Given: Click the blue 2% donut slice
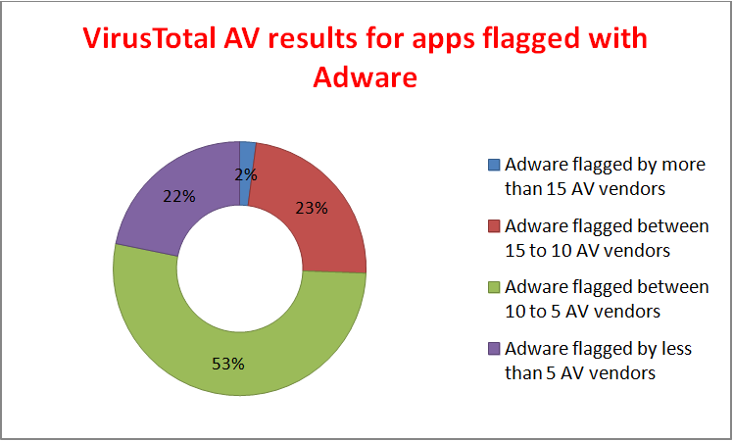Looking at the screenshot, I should (248, 157).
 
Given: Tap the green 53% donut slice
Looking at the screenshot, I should (235, 343).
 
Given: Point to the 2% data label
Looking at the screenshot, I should (246, 175).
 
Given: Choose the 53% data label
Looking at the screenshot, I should (228, 363).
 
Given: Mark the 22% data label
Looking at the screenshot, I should (179, 196).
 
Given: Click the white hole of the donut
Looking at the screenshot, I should (240, 268).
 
